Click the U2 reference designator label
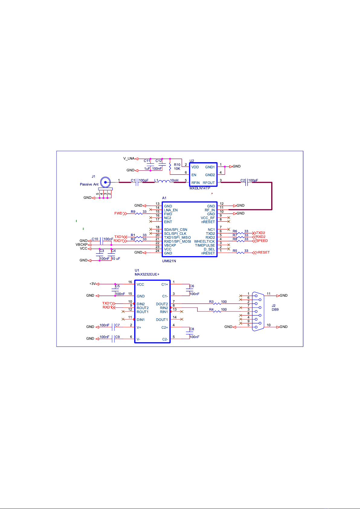pyautogui.click(x=192, y=161)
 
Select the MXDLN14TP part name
pyautogui.click(x=200, y=188)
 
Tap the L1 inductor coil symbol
pyautogui.click(x=164, y=181)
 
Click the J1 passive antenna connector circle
pyautogui.click(x=105, y=182)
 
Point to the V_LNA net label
pyautogui.click(x=129, y=158)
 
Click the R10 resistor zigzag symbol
pyautogui.click(x=170, y=166)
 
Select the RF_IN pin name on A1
pyautogui.click(x=210, y=210)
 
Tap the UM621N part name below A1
pyautogui.click(x=169, y=261)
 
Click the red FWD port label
pyautogui.click(x=118, y=213)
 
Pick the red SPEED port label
pyautogui.click(x=262, y=241)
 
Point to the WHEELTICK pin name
pyautogui.click(x=204, y=241)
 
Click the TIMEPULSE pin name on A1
pyautogui.click(x=205, y=245)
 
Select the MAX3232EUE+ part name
pyautogui.click(x=147, y=274)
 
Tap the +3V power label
pyautogui.click(x=92, y=284)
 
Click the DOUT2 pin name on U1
pyautogui.click(x=162, y=304)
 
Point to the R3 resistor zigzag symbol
pyautogui.click(x=217, y=304)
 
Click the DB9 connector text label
pyautogui.click(x=275, y=310)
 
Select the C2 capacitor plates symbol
pyautogui.click(x=247, y=182)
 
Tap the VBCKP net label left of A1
pyautogui.click(x=82, y=244)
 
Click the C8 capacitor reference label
pyautogui.click(x=192, y=329)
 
